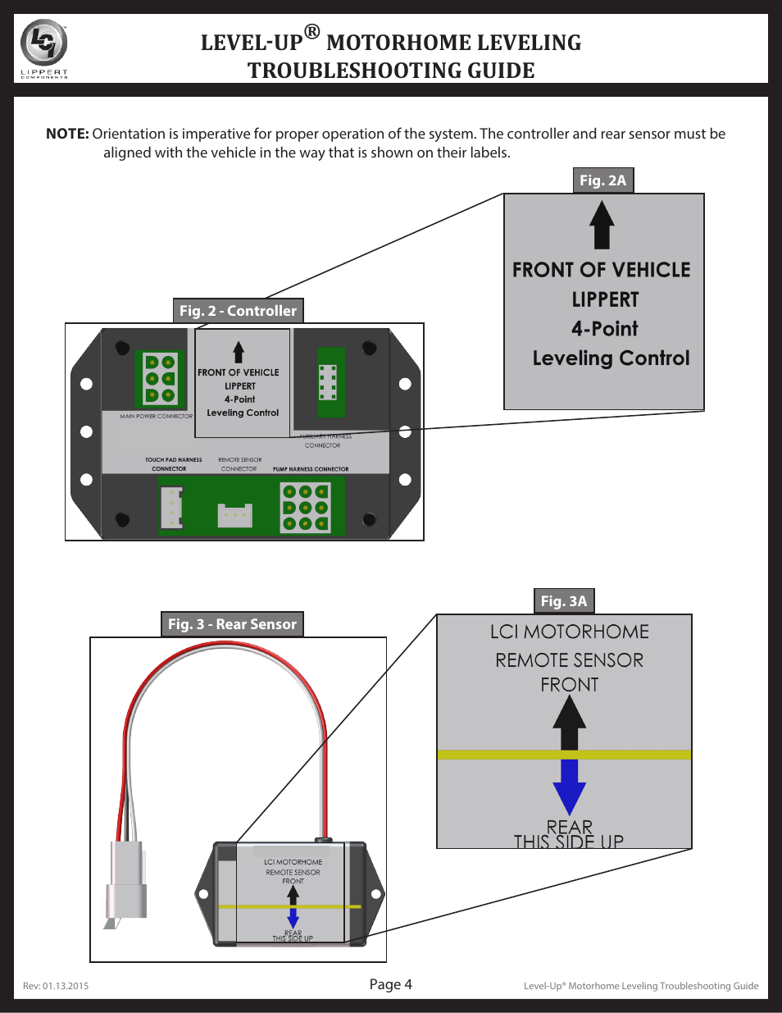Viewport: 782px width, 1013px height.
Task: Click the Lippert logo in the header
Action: tap(43, 48)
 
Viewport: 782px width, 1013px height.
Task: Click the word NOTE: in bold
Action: tap(67, 134)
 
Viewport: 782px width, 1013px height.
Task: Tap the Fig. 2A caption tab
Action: tap(602, 180)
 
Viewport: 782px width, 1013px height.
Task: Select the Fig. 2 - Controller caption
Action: tap(238, 311)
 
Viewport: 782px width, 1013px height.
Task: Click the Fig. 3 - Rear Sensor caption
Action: tap(232, 624)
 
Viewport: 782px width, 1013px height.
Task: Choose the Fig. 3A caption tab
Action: tap(564, 601)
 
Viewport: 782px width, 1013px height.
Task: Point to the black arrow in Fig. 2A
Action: tap(602, 226)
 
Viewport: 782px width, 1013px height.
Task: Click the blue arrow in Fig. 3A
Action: tap(569, 786)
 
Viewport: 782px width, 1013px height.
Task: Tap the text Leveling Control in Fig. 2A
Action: tap(611, 358)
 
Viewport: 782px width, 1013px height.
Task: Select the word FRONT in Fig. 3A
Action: tap(569, 685)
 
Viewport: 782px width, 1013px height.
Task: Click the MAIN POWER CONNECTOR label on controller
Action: tap(156, 417)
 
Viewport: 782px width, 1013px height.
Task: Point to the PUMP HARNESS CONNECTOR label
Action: tap(311, 469)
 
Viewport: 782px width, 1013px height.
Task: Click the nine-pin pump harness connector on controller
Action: tap(306, 508)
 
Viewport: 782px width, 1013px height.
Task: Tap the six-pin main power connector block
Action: tap(161, 379)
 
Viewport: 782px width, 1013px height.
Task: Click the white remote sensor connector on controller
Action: tap(234, 515)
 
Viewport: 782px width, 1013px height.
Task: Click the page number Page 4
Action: tap(390, 984)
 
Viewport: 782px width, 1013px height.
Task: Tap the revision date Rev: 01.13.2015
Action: tap(56, 986)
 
